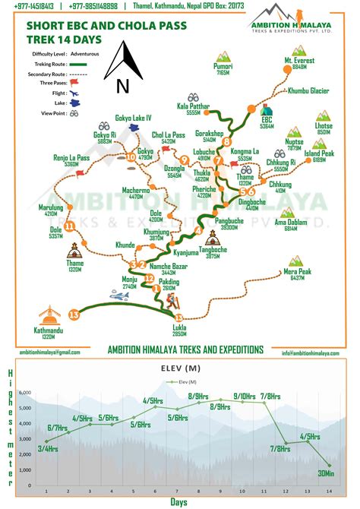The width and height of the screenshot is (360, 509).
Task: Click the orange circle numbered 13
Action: click(74, 314)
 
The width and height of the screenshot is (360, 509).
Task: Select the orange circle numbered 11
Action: click(70, 226)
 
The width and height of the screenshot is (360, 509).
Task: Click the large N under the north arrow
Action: click(122, 87)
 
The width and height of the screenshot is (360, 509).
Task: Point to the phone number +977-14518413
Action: click(32, 6)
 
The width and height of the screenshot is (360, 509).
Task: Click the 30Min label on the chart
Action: click(327, 473)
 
